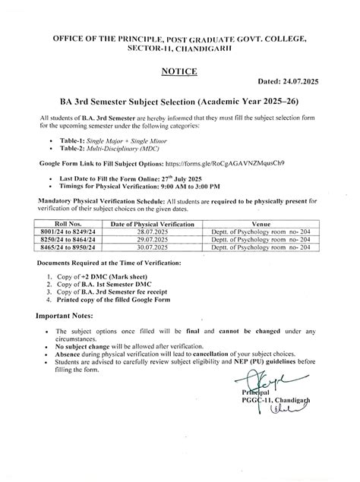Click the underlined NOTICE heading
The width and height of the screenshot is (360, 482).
point(179,71)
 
